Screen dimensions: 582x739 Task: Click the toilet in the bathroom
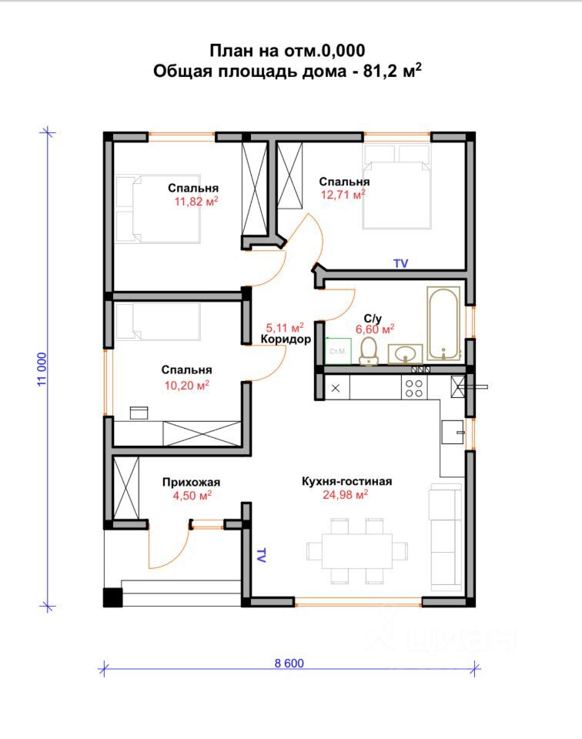(x=369, y=352)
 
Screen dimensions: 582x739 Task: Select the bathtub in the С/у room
(x=443, y=324)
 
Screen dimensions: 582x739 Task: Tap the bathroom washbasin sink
(x=405, y=354)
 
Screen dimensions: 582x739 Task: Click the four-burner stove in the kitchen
(x=414, y=388)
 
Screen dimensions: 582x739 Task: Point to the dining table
(x=356, y=551)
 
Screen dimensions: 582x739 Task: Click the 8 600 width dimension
(x=289, y=663)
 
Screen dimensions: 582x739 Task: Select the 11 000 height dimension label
(x=42, y=369)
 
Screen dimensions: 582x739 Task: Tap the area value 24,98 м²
(x=345, y=494)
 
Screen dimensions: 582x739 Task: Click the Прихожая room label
(x=192, y=482)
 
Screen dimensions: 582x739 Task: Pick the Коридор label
(x=286, y=339)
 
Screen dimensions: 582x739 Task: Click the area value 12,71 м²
(x=343, y=194)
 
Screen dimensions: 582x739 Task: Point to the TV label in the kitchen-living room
(x=260, y=555)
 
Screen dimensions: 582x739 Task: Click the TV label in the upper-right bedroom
(x=400, y=263)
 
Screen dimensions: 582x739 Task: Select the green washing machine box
(x=339, y=351)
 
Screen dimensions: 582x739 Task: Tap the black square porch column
(x=112, y=597)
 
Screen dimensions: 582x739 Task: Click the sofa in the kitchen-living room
(x=445, y=537)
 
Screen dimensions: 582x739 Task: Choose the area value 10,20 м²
(x=186, y=385)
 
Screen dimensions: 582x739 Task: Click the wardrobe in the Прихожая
(x=126, y=488)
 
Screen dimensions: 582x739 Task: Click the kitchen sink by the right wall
(x=453, y=432)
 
